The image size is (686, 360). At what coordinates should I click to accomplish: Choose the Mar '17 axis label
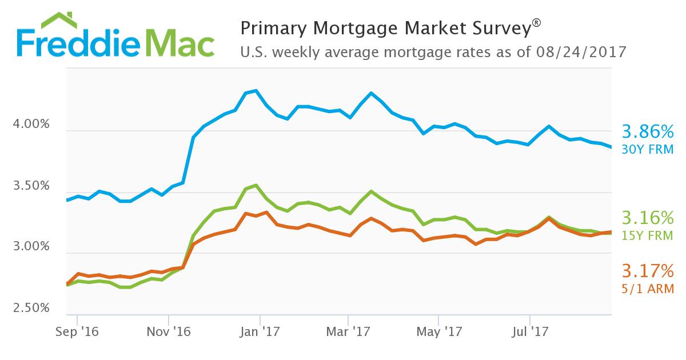click(x=348, y=331)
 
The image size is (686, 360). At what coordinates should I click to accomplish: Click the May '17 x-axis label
click(x=438, y=331)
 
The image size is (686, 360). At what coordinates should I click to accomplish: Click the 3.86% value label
click(x=648, y=133)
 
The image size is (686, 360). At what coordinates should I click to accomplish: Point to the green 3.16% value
click(x=648, y=218)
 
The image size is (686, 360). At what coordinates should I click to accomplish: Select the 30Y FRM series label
click(x=648, y=150)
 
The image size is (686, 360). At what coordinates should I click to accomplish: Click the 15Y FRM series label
click(x=648, y=235)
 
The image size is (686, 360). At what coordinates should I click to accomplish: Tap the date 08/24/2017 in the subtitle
click(x=581, y=52)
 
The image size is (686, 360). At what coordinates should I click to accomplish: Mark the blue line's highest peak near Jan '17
click(x=256, y=90)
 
